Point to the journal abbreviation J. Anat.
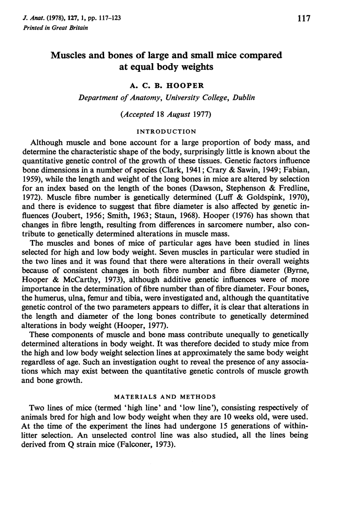click(30, 19)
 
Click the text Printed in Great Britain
click(49, 28)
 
